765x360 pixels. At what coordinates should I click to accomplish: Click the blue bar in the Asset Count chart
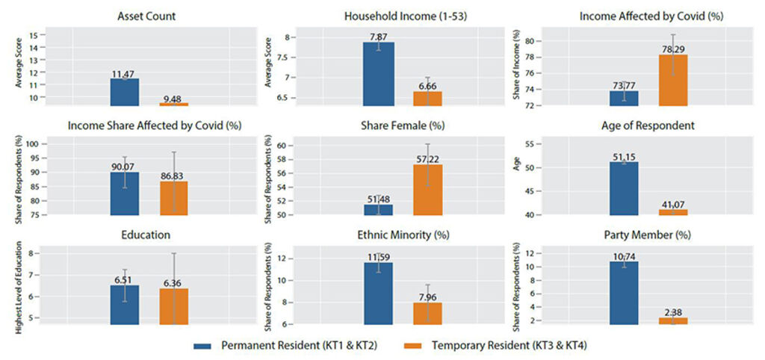click(x=125, y=92)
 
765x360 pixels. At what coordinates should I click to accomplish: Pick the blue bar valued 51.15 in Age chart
click(x=625, y=188)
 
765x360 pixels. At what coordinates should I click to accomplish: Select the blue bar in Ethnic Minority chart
click(x=378, y=293)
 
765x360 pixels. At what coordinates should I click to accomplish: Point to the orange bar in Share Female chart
click(x=427, y=190)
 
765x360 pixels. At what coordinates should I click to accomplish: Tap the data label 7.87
click(x=378, y=37)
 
